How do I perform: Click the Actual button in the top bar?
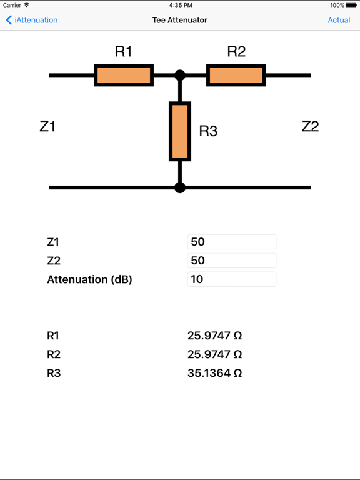339,20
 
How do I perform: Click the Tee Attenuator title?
180,20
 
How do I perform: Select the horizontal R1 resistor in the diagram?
124,75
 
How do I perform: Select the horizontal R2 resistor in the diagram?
236,75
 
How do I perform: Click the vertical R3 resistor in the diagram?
180,132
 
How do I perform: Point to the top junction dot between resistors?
180,76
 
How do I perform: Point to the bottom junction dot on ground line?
180,187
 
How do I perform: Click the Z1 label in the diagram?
47,126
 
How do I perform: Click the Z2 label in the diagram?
310,126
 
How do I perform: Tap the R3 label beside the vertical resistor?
208,131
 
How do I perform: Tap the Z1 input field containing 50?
231,242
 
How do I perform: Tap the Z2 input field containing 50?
231,261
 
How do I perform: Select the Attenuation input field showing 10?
231,279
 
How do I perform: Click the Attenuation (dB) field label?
89,279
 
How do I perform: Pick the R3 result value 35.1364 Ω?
214,373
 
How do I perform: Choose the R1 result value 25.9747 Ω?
214,336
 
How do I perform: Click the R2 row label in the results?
54,354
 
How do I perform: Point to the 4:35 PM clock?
180,5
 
